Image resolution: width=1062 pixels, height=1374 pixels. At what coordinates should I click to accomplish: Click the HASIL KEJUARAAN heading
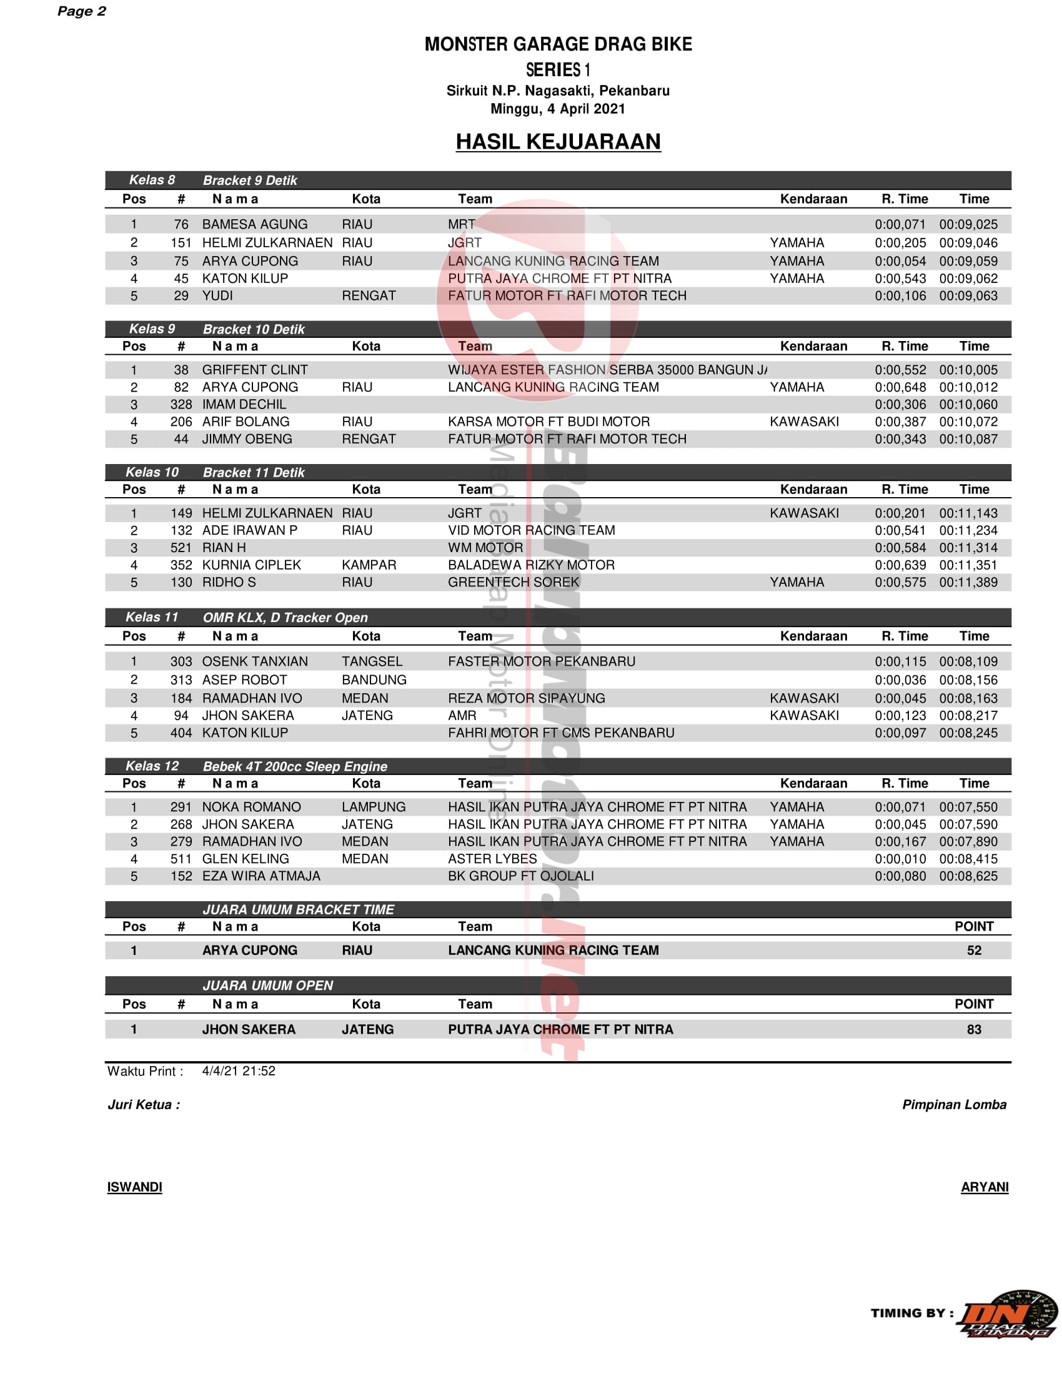[x=558, y=142]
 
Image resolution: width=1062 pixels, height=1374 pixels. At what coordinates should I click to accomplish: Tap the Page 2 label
[x=81, y=11]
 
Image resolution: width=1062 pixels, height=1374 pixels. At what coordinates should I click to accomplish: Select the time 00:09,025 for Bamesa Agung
[x=968, y=224]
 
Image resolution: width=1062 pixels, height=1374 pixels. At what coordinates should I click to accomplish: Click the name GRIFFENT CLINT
[x=255, y=370]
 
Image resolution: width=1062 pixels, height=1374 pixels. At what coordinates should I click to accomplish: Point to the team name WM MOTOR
[x=485, y=547]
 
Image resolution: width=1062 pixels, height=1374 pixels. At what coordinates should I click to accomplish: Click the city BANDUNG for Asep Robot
[x=374, y=680]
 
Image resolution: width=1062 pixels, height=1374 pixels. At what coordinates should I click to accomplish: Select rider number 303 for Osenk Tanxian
[x=181, y=661]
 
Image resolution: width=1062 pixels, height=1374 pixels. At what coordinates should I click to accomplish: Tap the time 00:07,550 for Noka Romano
[x=968, y=806]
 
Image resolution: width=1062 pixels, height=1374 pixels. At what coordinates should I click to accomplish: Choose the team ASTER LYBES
[x=493, y=859]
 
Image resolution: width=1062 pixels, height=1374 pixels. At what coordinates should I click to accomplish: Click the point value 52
[x=974, y=950]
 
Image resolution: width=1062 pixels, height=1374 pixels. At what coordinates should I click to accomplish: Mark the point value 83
[x=974, y=1029]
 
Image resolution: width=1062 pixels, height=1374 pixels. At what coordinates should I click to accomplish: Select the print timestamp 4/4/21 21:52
[x=239, y=1070]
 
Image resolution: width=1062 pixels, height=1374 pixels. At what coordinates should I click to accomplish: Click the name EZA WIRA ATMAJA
[x=261, y=876]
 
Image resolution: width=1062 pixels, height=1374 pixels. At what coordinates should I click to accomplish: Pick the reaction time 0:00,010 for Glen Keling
[x=900, y=859]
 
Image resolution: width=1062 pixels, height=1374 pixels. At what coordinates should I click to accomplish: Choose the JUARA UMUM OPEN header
[x=267, y=985]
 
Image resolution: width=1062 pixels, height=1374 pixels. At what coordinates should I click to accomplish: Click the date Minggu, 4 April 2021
[x=558, y=109]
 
